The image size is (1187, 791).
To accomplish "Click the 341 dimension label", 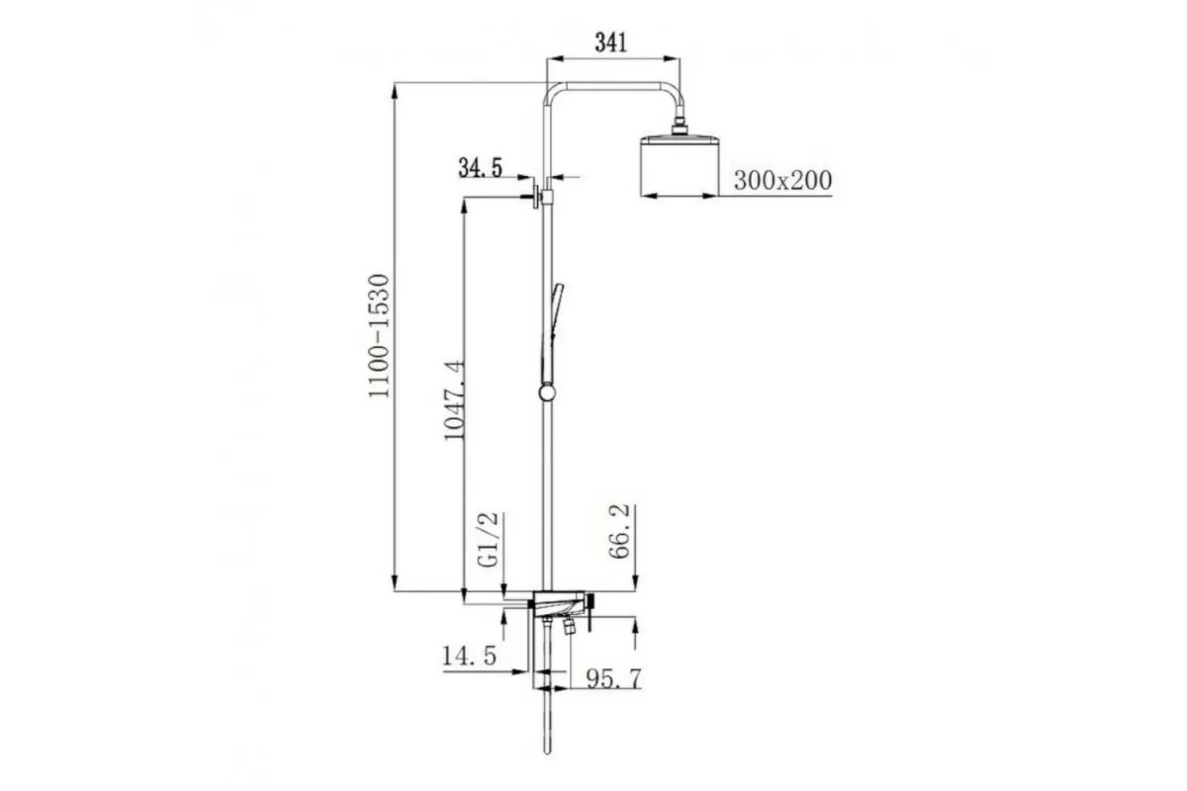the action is (x=610, y=43).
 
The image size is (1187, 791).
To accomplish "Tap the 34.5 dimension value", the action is (x=480, y=168).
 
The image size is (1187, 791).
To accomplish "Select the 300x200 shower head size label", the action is (x=782, y=181).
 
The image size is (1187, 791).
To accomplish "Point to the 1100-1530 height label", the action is (x=380, y=335).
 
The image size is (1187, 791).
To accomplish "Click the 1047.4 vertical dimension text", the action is (x=454, y=399).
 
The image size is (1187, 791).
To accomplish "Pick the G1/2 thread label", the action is (x=488, y=540).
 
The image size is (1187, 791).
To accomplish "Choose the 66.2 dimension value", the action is (x=618, y=531).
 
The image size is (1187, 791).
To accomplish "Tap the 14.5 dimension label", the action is (x=470, y=657).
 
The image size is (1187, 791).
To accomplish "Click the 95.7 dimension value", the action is (x=613, y=678).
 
